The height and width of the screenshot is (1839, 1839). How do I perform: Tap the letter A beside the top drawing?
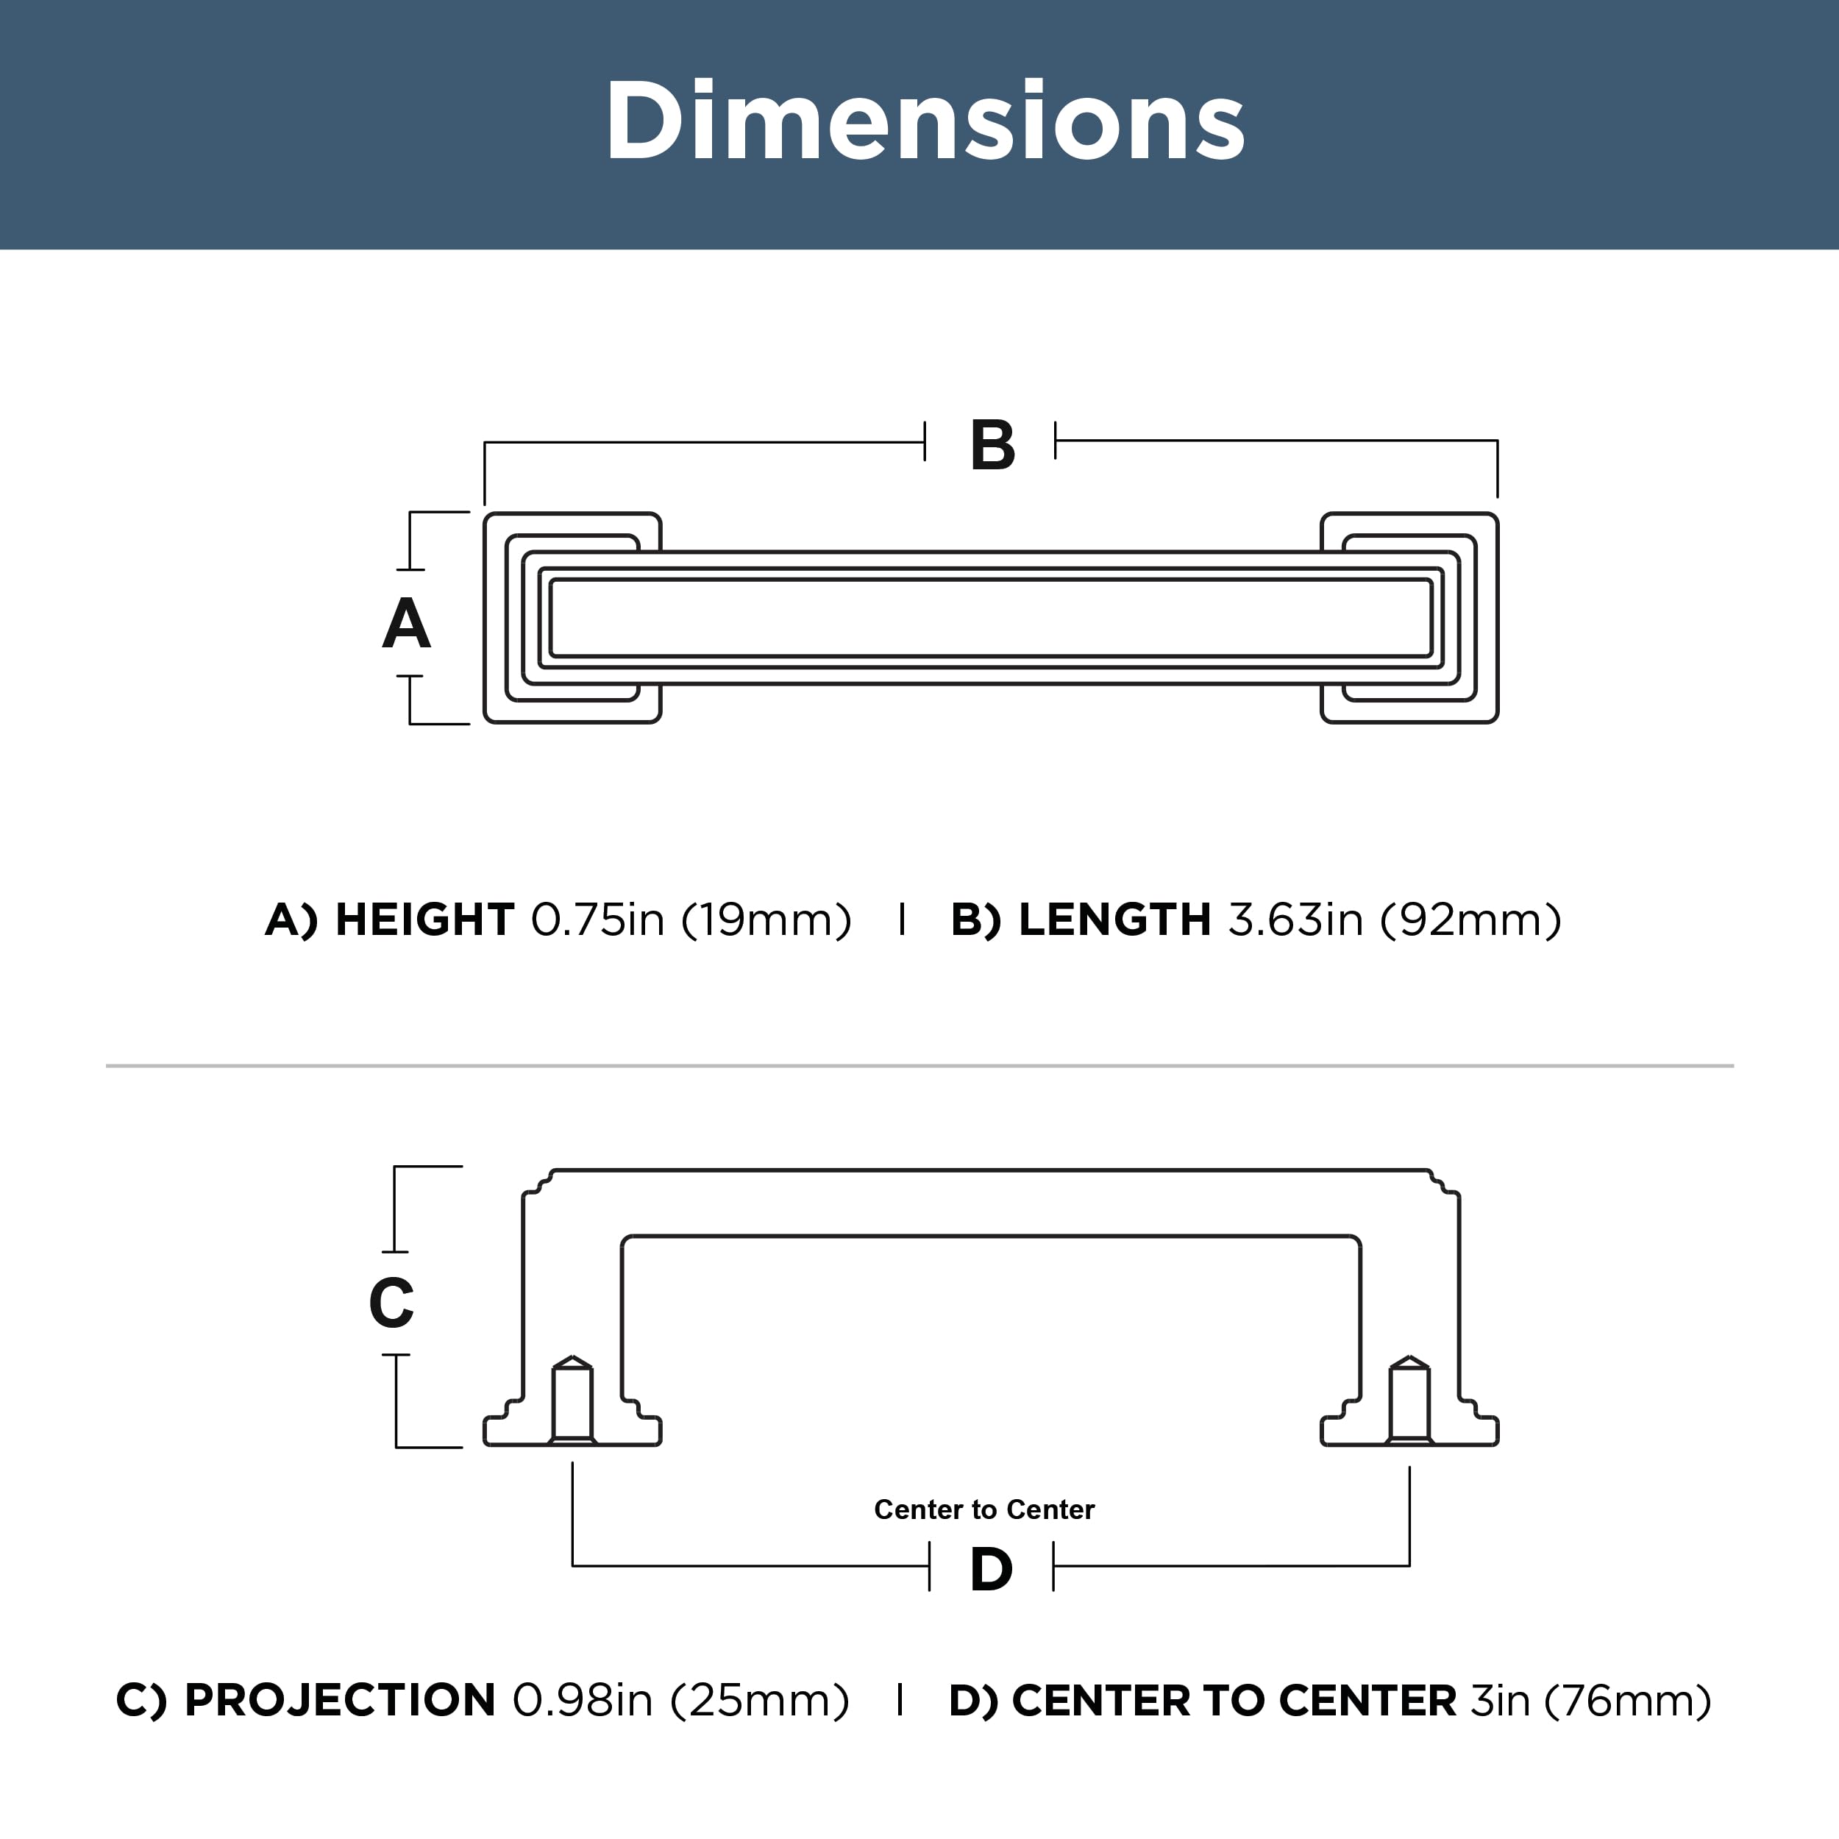[407, 624]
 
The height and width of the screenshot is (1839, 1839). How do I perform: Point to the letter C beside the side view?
[391, 1302]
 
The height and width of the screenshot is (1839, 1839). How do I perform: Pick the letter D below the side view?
[991, 1570]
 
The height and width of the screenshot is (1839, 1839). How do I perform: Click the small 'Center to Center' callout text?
[984, 1509]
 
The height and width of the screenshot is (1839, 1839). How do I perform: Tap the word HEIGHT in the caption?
[424, 919]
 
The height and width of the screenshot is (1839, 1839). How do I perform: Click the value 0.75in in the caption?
[597, 919]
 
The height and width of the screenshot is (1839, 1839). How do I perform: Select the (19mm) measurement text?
[766, 920]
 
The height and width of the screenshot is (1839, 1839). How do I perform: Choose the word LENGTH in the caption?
[1114, 919]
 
